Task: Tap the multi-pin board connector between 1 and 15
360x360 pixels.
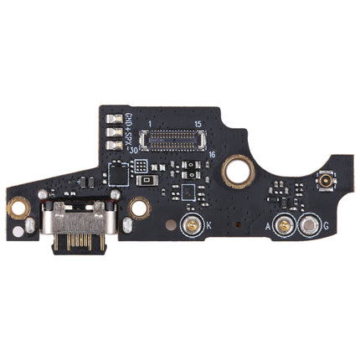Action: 174,136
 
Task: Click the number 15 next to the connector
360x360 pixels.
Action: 198,123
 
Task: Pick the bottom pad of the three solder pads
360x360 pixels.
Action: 113,147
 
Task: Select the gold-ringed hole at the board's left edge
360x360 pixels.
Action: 14,203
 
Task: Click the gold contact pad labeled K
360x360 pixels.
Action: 191,224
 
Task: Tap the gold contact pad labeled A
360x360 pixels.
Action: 285,224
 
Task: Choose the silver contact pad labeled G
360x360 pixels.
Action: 309,224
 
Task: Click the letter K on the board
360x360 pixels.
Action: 208,226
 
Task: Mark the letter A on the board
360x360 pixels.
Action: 268,226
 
